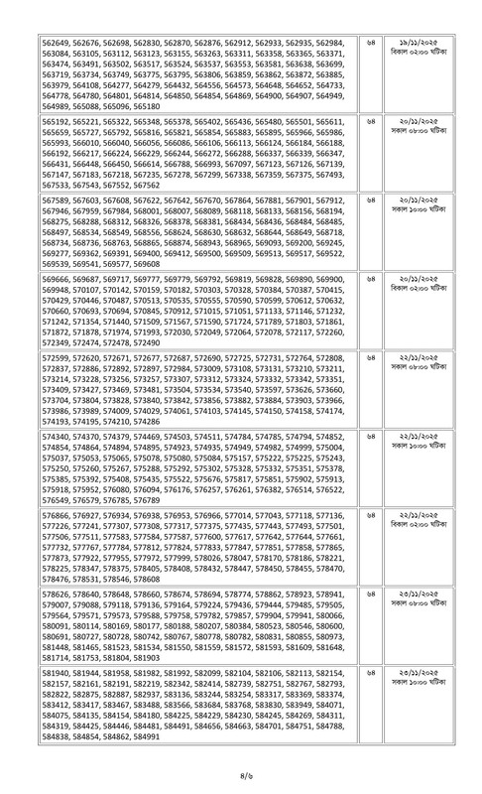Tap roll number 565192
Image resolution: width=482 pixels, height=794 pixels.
point(39,120)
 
